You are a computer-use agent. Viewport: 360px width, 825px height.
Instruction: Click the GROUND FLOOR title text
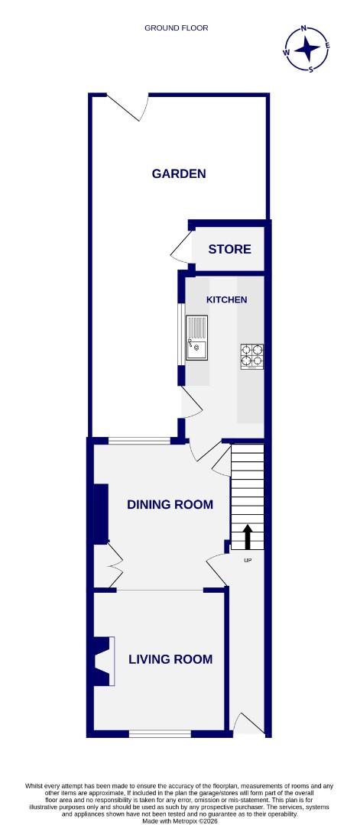177,28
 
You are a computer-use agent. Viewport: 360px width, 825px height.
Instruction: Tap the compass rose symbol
307,48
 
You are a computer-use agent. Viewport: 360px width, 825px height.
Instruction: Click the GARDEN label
179,173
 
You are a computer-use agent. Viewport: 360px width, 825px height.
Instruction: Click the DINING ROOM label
170,504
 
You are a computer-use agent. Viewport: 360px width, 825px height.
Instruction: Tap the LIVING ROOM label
170,659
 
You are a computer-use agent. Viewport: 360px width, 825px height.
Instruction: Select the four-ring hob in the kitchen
253,356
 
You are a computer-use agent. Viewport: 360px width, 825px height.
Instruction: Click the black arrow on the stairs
248,536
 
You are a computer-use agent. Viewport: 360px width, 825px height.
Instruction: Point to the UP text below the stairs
248,561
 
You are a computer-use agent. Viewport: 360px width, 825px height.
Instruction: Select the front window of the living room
160,734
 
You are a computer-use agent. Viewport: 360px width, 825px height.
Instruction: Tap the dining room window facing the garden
138,441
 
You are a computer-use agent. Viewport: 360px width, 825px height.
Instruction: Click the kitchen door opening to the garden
190,402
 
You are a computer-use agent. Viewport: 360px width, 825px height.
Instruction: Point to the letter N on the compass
304,28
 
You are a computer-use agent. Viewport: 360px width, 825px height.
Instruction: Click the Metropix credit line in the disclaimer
180,820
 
